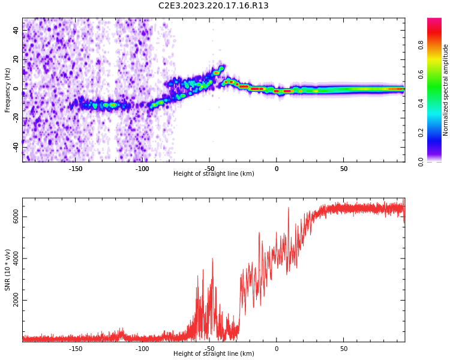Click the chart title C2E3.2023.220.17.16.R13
214,6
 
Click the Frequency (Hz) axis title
8,90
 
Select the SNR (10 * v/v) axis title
8,270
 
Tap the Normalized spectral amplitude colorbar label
446,90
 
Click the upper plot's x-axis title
214,174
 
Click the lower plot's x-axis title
214,354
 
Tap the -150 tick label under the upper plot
76,169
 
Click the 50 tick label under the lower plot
344,349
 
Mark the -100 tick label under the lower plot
142,349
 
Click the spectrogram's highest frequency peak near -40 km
222,68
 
